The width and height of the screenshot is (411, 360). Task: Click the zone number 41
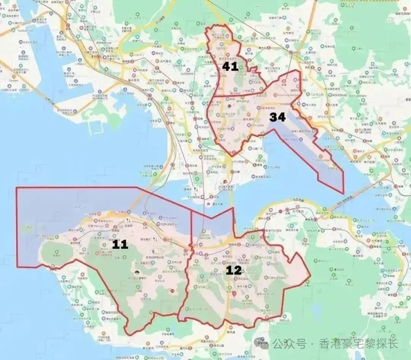click(x=230, y=67)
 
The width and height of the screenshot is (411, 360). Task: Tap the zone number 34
click(x=277, y=117)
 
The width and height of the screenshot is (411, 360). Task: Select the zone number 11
click(x=120, y=244)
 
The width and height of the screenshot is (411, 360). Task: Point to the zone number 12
click(x=233, y=270)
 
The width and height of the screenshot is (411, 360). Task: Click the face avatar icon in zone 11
click(x=136, y=273)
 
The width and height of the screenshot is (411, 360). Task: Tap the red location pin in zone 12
click(x=234, y=293)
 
